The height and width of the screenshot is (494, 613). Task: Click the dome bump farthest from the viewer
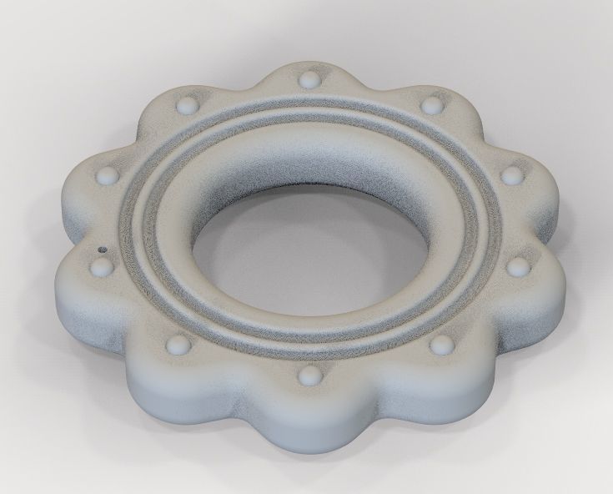pyautogui.click(x=310, y=79)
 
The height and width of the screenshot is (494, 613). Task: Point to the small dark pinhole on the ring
pyautogui.click(x=103, y=248)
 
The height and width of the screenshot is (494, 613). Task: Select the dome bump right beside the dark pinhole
pyautogui.click(x=102, y=267)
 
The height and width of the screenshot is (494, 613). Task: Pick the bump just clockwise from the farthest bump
pyautogui.click(x=431, y=104)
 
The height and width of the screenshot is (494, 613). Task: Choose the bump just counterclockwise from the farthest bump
pyautogui.click(x=186, y=105)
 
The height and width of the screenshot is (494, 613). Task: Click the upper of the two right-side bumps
pyautogui.click(x=511, y=174)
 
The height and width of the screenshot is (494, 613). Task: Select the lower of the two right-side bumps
pyautogui.click(x=518, y=266)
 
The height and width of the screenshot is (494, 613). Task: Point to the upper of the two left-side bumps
pyautogui.click(x=108, y=175)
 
